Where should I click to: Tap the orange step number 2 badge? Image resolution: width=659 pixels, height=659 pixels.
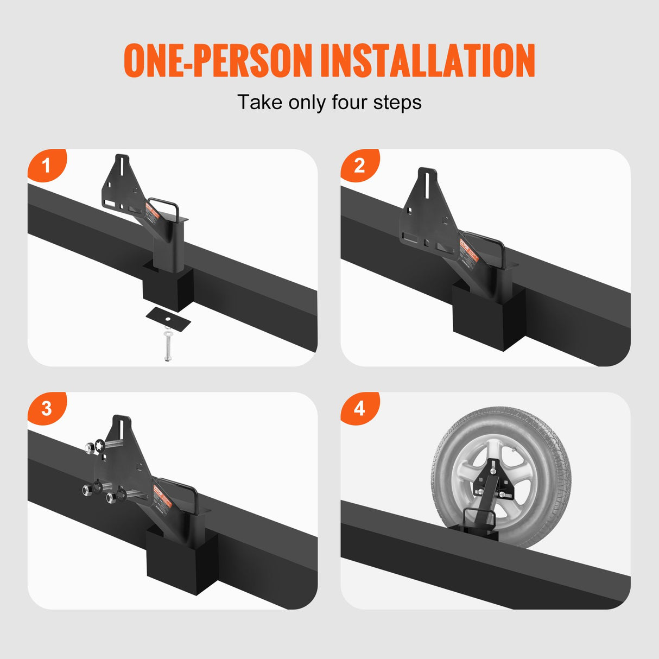coord(359,165)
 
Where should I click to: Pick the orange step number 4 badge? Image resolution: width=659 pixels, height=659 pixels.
coord(359,408)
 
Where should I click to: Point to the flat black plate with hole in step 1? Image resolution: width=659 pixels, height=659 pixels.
coord(168,316)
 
